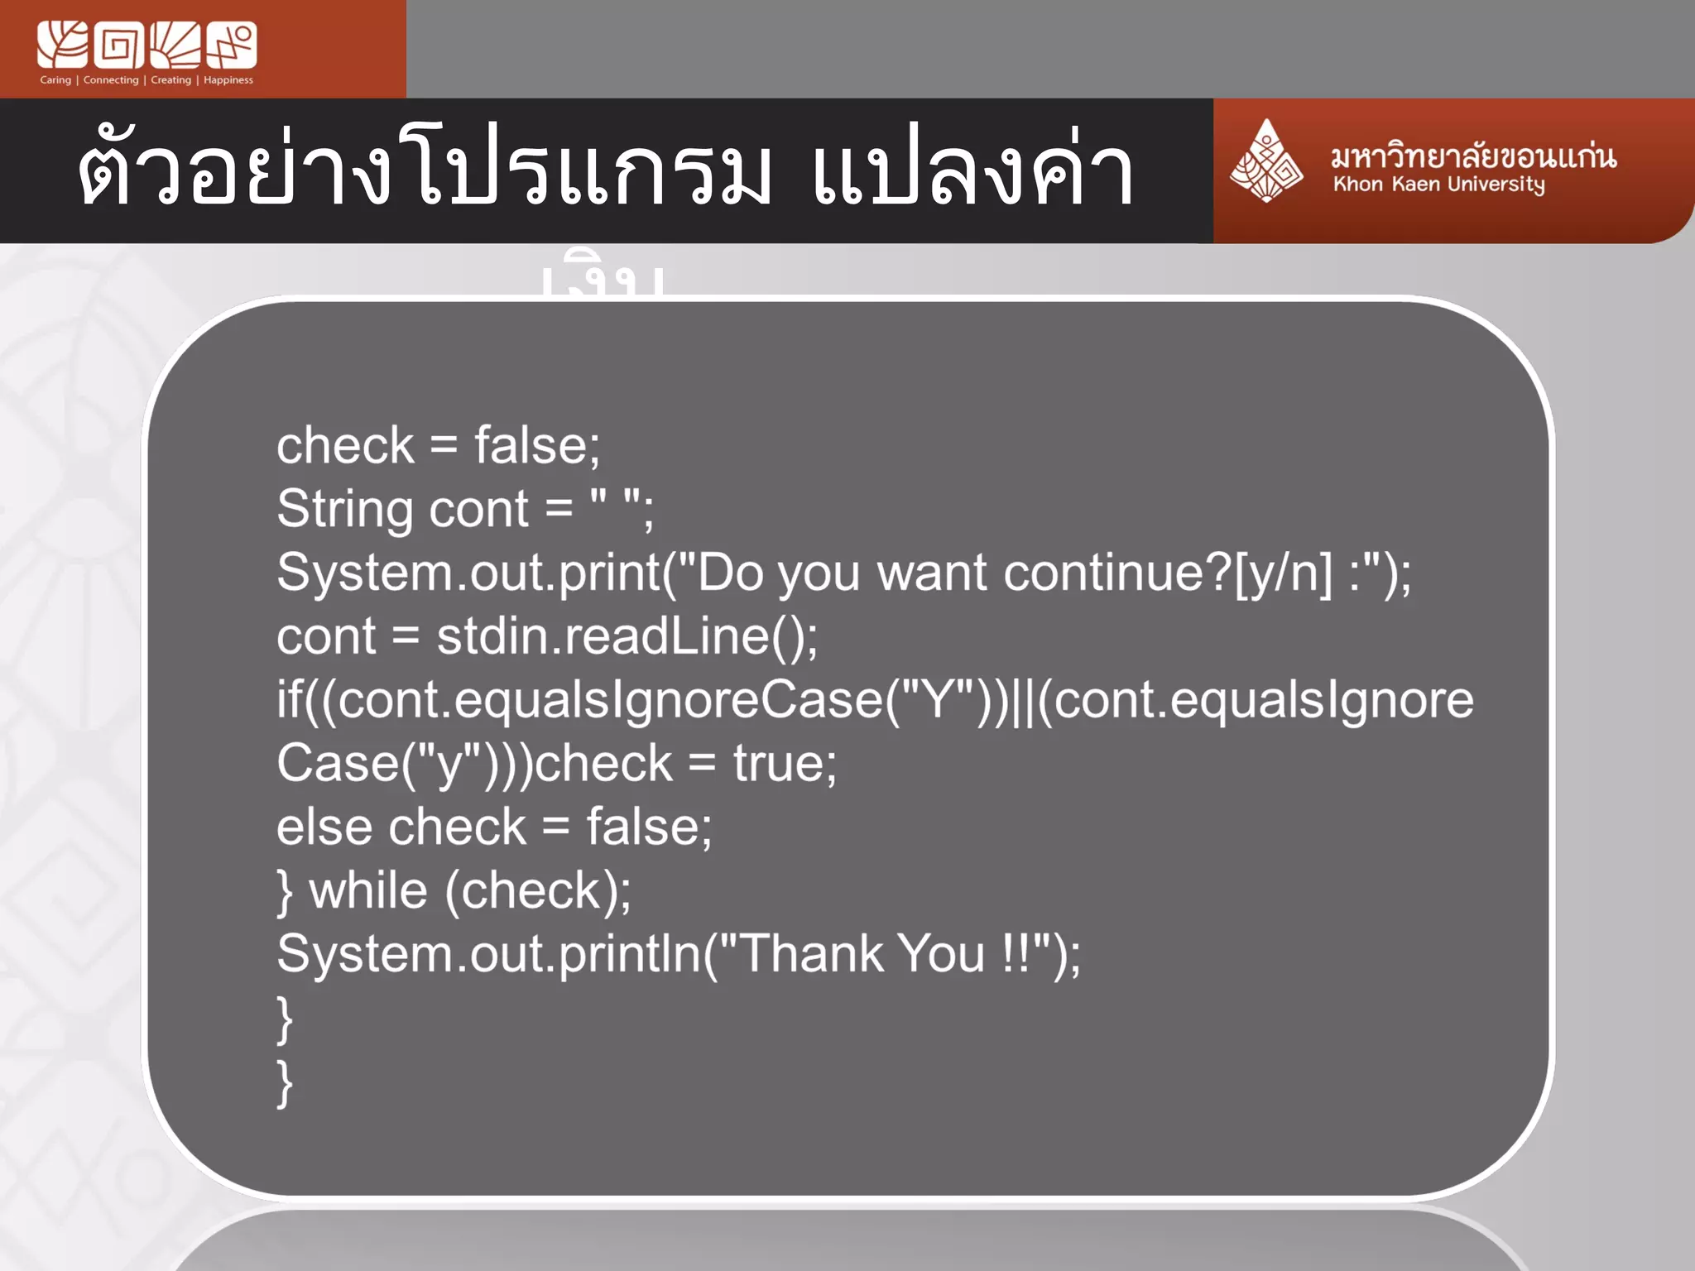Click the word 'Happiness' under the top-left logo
point(228,80)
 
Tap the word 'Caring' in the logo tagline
point(55,80)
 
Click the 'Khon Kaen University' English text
point(1438,185)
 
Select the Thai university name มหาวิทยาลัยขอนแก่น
point(1473,156)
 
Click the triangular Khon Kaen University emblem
point(1265,161)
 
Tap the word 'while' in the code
point(368,891)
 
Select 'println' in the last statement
point(630,954)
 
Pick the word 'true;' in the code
point(785,763)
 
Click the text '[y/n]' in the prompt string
point(1283,573)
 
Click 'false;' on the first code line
point(537,446)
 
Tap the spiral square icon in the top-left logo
point(119,46)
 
